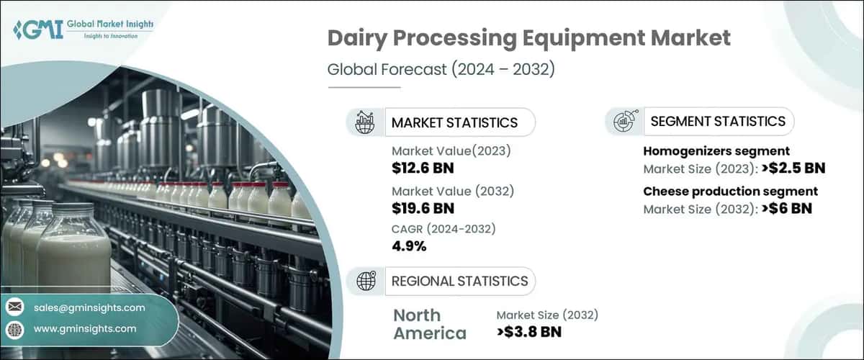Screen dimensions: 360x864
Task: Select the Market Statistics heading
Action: [x=454, y=122]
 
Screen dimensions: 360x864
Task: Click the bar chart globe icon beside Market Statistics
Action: [x=365, y=122]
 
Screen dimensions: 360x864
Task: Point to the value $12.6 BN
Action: [x=423, y=169]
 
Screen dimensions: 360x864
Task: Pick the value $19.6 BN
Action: [x=423, y=209]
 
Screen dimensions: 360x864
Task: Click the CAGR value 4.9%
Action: [x=409, y=246]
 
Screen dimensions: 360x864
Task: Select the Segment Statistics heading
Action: [x=718, y=122]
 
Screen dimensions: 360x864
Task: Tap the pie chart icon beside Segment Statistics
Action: [x=623, y=122]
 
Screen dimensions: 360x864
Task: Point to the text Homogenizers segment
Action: [x=716, y=151]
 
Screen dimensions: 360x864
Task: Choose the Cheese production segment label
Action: [x=730, y=192]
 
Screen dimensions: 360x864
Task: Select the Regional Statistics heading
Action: [x=459, y=281]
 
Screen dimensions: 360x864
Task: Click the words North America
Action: [x=429, y=324]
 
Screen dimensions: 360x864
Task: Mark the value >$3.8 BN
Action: [x=529, y=332]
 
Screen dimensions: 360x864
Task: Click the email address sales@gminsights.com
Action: [x=89, y=307]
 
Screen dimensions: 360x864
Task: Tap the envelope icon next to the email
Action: [x=14, y=308]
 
